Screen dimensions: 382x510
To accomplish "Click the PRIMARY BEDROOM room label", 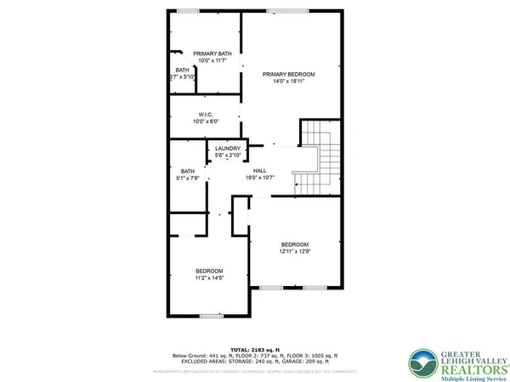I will pos(288,75).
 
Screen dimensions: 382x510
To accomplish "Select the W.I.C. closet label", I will pos(205,114).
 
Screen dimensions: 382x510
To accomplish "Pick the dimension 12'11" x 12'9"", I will pos(296,250).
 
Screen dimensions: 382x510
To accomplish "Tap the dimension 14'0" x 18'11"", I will pos(288,82).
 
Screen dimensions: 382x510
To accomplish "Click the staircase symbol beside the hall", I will pos(320,157).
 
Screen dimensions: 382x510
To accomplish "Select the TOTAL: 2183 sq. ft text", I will pos(255,349).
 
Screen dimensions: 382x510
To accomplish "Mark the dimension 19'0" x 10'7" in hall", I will pos(259,178).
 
